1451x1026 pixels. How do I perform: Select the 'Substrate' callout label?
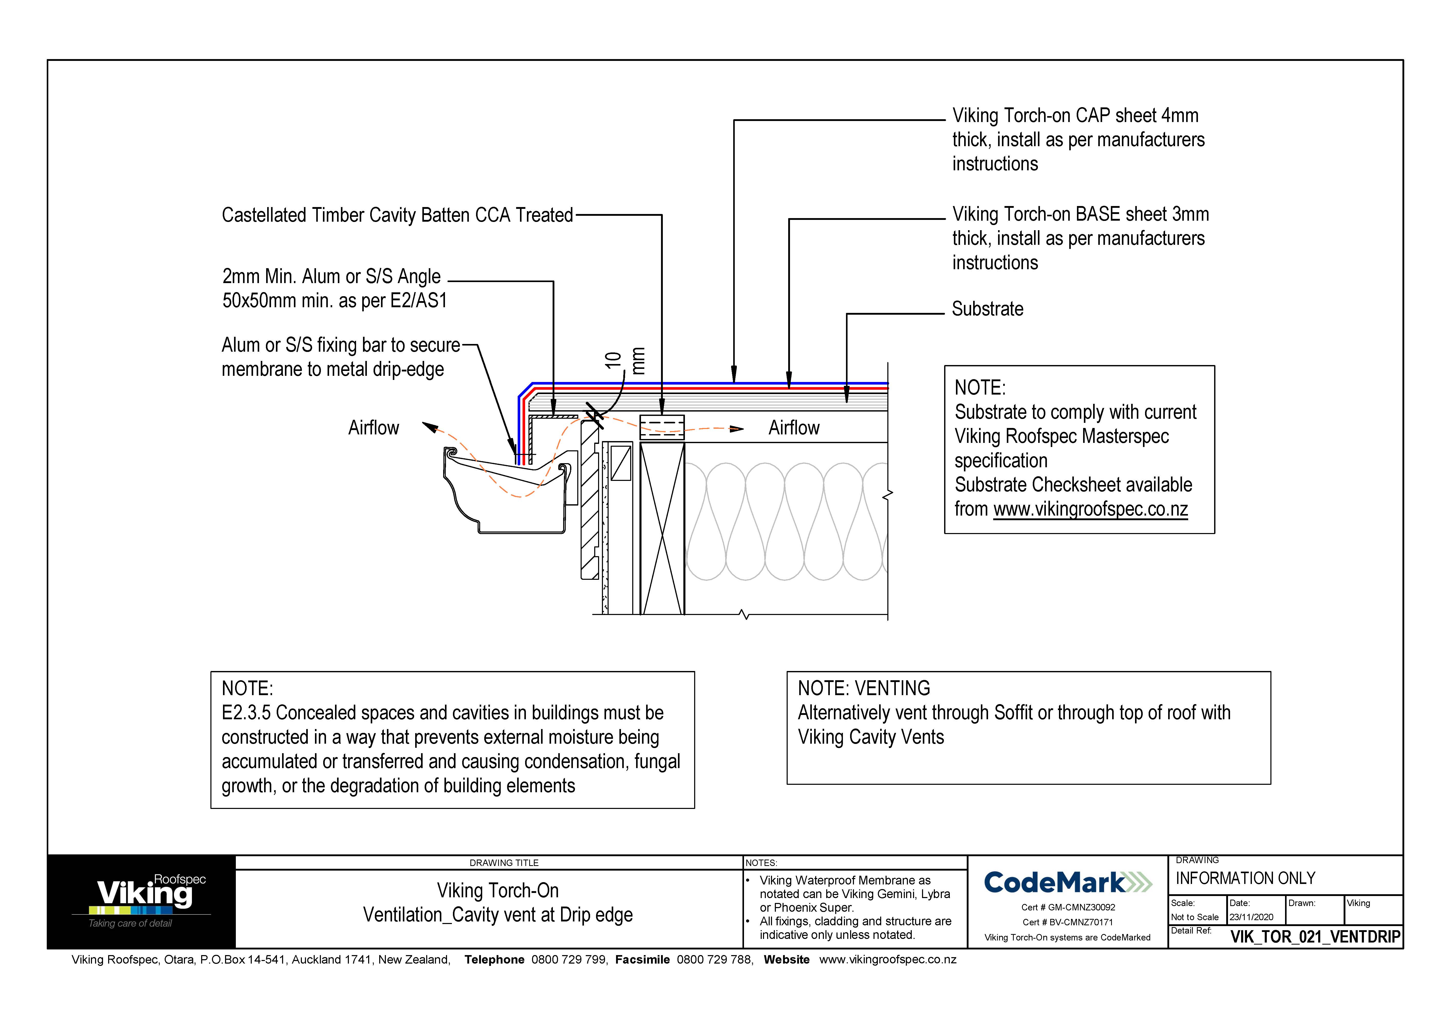pos(987,309)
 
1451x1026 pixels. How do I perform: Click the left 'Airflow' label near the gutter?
pos(374,428)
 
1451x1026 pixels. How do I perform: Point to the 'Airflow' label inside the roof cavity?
pos(794,428)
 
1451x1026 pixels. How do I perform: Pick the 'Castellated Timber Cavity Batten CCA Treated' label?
pos(397,216)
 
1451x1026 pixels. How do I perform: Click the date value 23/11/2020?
pos(1251,917)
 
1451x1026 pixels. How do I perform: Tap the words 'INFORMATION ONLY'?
pos(1245,878)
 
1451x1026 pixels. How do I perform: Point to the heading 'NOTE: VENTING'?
pos(863,688)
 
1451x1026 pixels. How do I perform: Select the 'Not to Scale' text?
pos(1194,917)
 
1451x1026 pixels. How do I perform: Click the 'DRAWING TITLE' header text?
pos(504,863)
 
